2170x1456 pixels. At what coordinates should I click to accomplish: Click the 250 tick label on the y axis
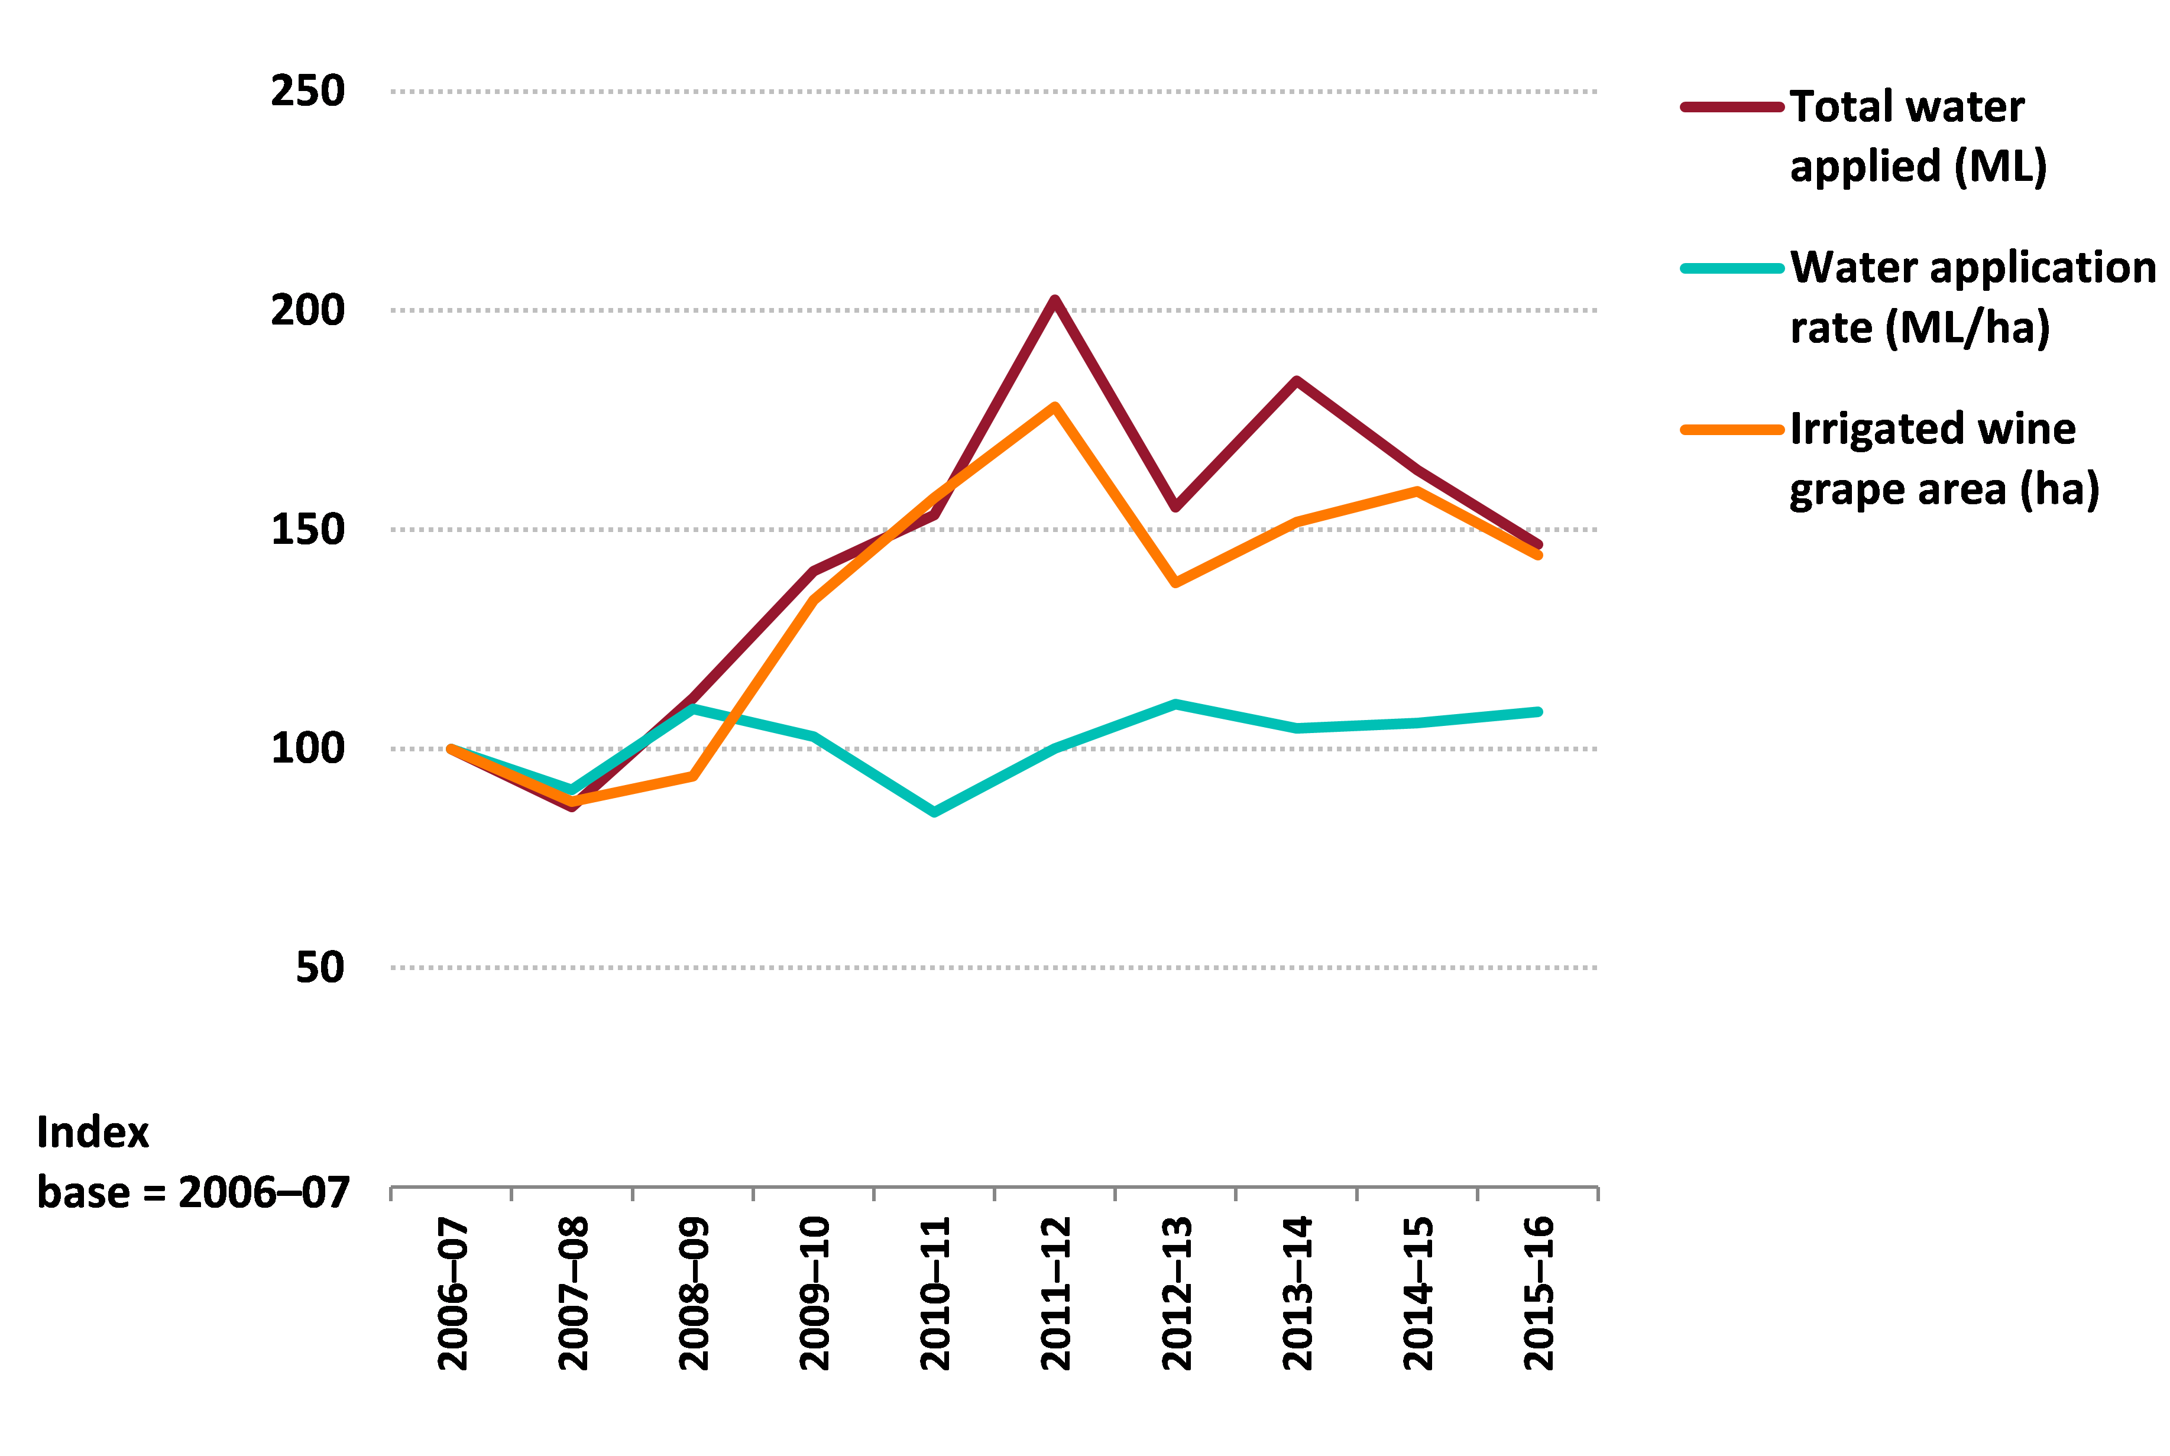(x=307, y=91)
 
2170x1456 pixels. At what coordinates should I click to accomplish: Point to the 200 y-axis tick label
(x=307, y=310)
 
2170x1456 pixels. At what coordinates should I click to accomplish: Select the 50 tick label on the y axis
(x=319, y=968)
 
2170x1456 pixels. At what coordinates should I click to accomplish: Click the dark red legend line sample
(x=1732, y=108)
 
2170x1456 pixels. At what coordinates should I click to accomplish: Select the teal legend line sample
(x=1732, y=268)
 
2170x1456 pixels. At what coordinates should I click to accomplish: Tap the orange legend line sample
(x=1732, y=430)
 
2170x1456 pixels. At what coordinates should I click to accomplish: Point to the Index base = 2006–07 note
(x=192, y=1163)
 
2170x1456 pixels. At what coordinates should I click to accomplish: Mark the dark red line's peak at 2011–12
(x=1055, y=300)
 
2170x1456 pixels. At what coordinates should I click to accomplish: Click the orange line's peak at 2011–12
(x=1055, y=407)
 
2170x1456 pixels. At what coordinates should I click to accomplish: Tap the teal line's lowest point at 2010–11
(x=934, y=812)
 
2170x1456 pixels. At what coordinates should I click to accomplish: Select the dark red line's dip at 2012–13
(x=1175, y=508)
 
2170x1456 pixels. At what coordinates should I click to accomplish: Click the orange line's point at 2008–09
(x=693, y=776)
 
